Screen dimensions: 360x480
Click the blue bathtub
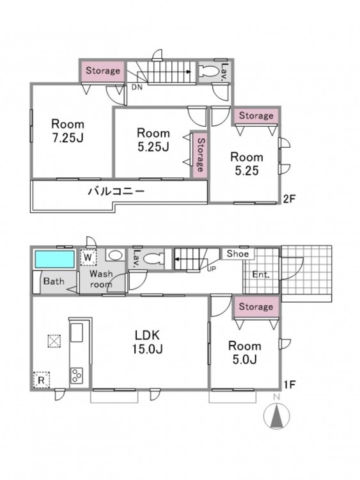[55, 259]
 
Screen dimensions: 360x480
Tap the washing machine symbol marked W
[88, 257]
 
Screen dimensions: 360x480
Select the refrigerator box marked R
[42, 380]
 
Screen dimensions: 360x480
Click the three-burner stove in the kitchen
[77, 375]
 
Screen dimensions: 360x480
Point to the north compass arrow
[277, 416]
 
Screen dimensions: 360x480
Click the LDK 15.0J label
[148, 342]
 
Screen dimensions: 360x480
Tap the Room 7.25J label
[68, 131]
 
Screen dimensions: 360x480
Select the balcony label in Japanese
[116, 191]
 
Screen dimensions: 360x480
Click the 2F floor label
[289, 199]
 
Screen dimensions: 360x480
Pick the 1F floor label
[289, 385]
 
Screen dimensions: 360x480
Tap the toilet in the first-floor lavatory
[153, 259]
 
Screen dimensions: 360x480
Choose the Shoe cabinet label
[238, 254]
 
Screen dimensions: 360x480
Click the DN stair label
[137, 87]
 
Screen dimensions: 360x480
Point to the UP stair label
[212, 269]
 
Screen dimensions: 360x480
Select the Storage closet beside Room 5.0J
[256, 307]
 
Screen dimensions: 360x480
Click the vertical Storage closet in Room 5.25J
[200, 155]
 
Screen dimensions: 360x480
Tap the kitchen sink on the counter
[77, 333]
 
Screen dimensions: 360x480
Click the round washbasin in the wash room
[115, 255]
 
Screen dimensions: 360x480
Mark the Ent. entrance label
[261, 275]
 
